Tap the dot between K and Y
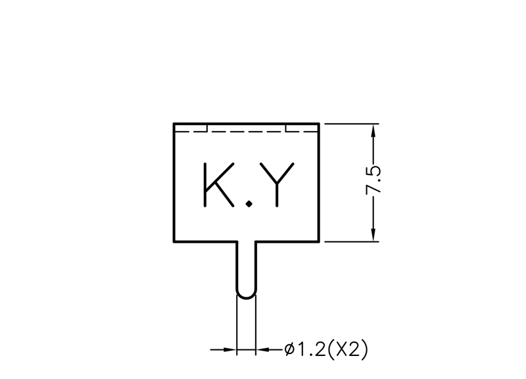(249, 205)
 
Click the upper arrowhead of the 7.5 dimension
(373, 130)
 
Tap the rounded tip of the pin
(246, 295)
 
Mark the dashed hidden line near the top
(246, 132)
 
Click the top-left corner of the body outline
(174, 124)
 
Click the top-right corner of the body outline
(319, 124)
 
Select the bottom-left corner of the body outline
(174, 241)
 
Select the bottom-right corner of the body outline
(319, 241)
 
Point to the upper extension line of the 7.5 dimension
(352, 124)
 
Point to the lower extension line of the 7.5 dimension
(352, 241)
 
